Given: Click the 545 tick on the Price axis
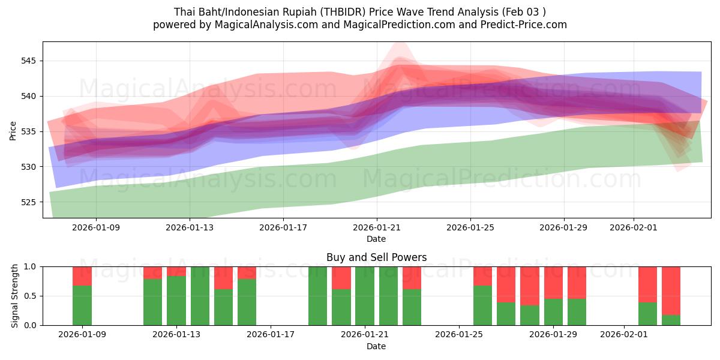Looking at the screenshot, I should tap(29, 61).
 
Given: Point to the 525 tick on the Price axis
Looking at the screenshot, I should tap(29, 202).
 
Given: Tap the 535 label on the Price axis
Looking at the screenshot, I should tap(29, 131).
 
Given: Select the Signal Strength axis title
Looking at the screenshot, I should tap(16, 296).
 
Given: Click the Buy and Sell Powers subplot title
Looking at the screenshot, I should tap(376, 257).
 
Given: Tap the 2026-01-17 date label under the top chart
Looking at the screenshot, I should tap(283, 227).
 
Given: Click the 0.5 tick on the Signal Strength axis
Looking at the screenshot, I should tap(30, 296).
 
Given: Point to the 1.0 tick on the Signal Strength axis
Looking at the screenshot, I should tap(30, 266).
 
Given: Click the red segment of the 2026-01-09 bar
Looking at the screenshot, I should tap(82, 276).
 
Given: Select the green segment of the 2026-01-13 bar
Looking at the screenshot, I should tap(176, 300).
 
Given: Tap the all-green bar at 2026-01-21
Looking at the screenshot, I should tap(365, 296).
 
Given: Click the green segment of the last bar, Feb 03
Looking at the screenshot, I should tap(671, 320).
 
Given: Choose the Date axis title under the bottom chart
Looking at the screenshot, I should tap(376, 346).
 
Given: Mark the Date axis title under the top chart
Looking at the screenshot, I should tap(376, 239).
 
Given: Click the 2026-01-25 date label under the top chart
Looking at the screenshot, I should tap(470, 227).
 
